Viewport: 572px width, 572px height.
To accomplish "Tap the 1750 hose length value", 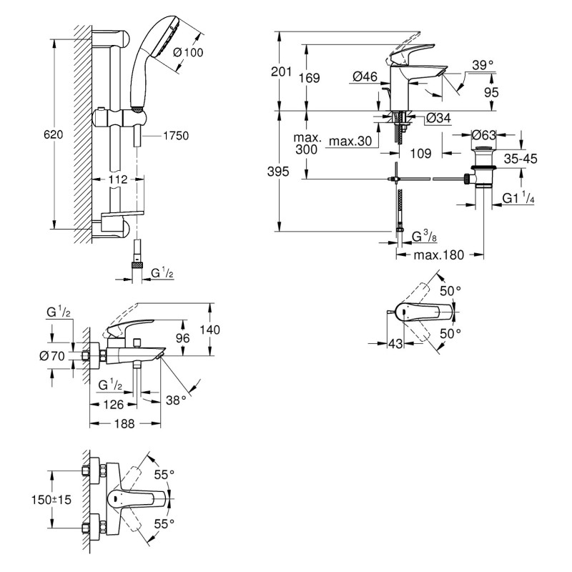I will (175, 135).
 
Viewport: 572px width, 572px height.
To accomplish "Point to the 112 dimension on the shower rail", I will (109, 179).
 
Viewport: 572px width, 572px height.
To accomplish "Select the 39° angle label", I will (482, 65).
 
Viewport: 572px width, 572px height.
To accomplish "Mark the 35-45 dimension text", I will (521, 159).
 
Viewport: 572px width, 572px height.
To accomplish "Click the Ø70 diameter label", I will (54, 355).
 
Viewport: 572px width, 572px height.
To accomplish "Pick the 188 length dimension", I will (125, 423).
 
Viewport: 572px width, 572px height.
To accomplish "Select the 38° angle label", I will (177, 401).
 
